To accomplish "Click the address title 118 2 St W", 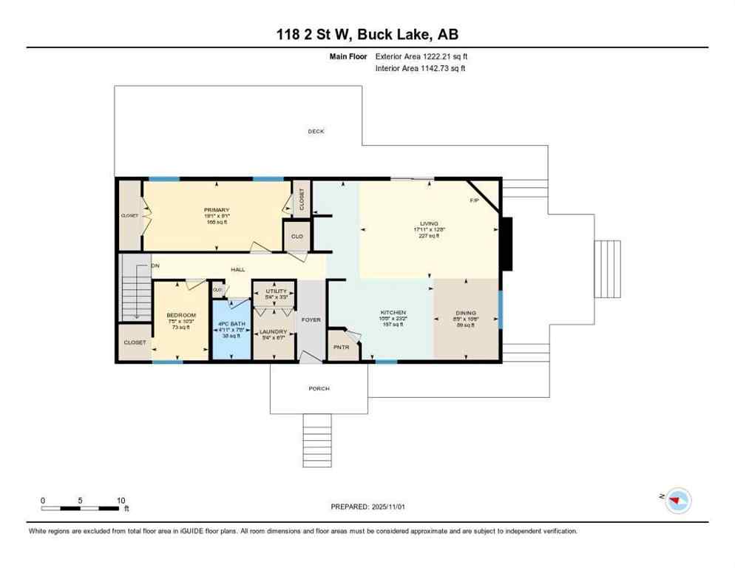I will [367, 35].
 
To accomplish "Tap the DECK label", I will [316, 132].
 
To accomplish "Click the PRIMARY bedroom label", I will [217, 210].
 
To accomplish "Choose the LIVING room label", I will [429, 223].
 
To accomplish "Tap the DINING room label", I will [465, 313].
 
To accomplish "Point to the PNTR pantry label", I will [341, 347].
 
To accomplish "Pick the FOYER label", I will [311, 319].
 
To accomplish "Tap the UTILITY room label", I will [276, 291].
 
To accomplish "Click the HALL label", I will [237, 270].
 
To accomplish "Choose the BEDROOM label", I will [180, 315].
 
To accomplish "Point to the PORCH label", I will [319, 388].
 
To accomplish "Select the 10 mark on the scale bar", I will [121, 500].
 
